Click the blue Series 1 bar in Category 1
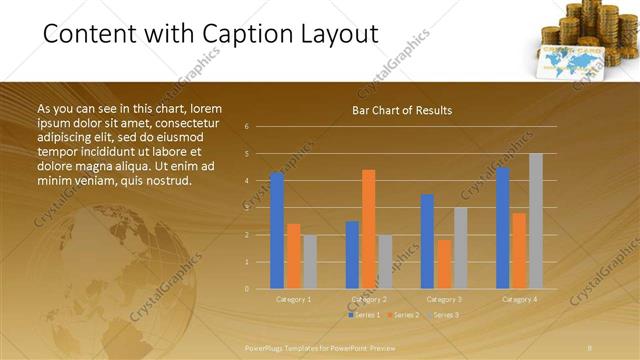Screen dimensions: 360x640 pos(277,230)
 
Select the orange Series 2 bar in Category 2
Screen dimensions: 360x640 pos(368,229)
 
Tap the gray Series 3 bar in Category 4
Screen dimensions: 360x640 pos(536,221)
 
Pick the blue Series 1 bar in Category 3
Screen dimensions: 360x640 pos(427,241)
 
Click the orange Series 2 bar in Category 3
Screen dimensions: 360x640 pos(443,264)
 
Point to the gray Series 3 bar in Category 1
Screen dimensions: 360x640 pos(309,262)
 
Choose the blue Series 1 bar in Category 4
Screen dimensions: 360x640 pos(503,228)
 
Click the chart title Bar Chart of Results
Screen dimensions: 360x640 pos(402,110)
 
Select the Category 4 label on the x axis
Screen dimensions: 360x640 pos(519,299)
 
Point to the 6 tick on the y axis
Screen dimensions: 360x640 pos(246,127)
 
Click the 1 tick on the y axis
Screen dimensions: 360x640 pos(246,262)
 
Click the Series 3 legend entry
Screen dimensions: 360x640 pos(442,315)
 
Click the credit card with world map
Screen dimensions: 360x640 pos(573,63)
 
